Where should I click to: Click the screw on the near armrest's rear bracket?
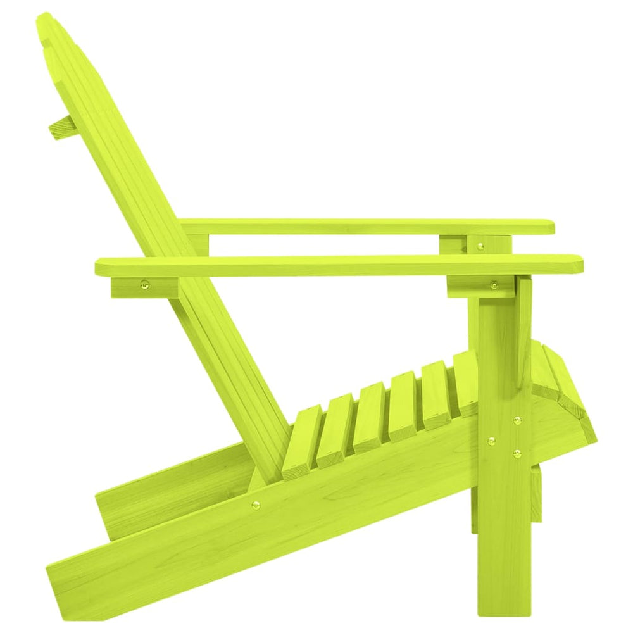(146, 285)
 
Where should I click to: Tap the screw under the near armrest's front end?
(493, 285)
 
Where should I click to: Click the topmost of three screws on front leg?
(517, 420)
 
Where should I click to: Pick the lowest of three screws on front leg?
(517, 453)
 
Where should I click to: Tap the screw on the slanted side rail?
(255, 505)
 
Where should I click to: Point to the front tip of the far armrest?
(549, 227)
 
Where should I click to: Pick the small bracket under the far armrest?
(453, 244)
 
